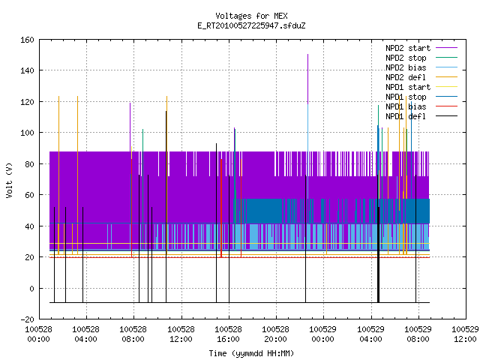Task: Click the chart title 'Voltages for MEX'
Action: point(251,16)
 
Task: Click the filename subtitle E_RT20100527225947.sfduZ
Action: point(251,25)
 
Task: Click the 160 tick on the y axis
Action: point(27,40)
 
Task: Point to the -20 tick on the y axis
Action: point(27,319)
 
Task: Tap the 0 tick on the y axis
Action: point(31,288)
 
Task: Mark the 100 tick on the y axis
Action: point(27,133)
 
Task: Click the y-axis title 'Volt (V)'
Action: point(9,181)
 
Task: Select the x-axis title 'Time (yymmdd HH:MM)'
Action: point(251,353)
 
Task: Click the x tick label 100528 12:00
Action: point(181,334)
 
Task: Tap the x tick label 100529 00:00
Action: point(323,334)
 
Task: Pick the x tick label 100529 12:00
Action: point(465,334)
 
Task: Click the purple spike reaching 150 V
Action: point(307,79)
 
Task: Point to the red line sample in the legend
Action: point(447,106)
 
